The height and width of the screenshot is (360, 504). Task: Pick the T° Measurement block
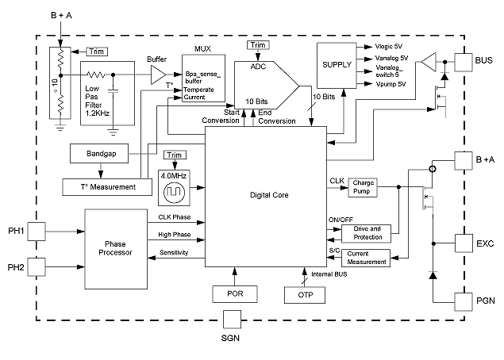pyautogui.click(x=99, y=186)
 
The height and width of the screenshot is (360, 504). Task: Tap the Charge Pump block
pyautogui.click(x=363, y=186)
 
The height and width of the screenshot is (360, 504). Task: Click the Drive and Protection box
pyautogui.click(x=366, y=232)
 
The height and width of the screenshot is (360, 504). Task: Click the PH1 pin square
pyautogui.click(x=37, y=231)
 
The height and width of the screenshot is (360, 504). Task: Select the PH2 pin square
pyautogui.click(x=37, y=265)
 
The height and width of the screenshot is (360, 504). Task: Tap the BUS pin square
pyautogui.click(x=463, y=60)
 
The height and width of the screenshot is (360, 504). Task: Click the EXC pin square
pyautogui.click(x=463, y=242)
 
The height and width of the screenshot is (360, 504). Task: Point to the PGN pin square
pyautogui.click(x=463, y=301)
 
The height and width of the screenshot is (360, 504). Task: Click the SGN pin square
pyautogui.click(x=232, y=320)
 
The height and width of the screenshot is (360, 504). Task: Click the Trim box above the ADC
pyautogui.click(x=258, y=45)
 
